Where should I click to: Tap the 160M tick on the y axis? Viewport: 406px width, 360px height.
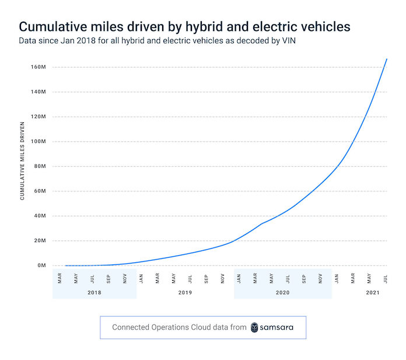(38, 67)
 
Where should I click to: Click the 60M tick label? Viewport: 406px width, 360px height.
(39, 191)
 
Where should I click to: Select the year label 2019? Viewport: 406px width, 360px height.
(185, 292)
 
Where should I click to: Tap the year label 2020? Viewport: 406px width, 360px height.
(283, 292)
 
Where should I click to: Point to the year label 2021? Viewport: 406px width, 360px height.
(373, 292)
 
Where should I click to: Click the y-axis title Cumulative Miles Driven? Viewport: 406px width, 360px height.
(22, 160)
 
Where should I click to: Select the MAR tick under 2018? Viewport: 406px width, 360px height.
(60, 278)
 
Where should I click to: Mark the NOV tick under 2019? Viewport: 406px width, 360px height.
(223, 278)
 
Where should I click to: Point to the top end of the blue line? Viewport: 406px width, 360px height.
(387, 59)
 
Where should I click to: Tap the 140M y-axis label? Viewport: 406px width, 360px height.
(38, 92)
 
